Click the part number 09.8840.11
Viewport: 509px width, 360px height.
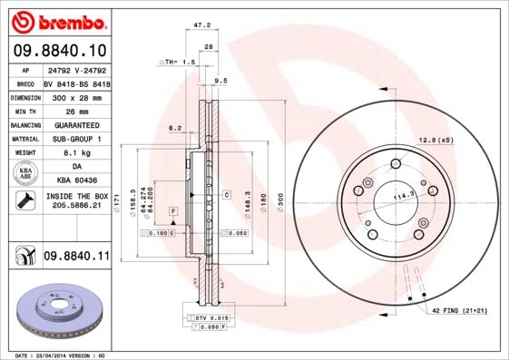coord(76,258)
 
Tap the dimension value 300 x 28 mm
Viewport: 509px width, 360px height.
coord(76,96)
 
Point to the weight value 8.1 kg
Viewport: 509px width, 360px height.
coord(76,153)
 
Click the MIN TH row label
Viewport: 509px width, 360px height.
coord(24,111)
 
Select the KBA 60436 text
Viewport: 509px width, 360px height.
coord(76,181)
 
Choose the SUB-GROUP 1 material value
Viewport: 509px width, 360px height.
coord(76,139)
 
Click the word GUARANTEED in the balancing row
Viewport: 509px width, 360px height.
coord(76,124)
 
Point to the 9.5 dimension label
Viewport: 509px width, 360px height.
coord(220,81)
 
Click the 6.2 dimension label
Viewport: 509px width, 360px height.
coord(176,128)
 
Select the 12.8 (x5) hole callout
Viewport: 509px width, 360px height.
coord(435,139)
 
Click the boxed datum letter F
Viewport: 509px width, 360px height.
coord(171,210)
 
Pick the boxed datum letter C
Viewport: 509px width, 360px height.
coord(225,194)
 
